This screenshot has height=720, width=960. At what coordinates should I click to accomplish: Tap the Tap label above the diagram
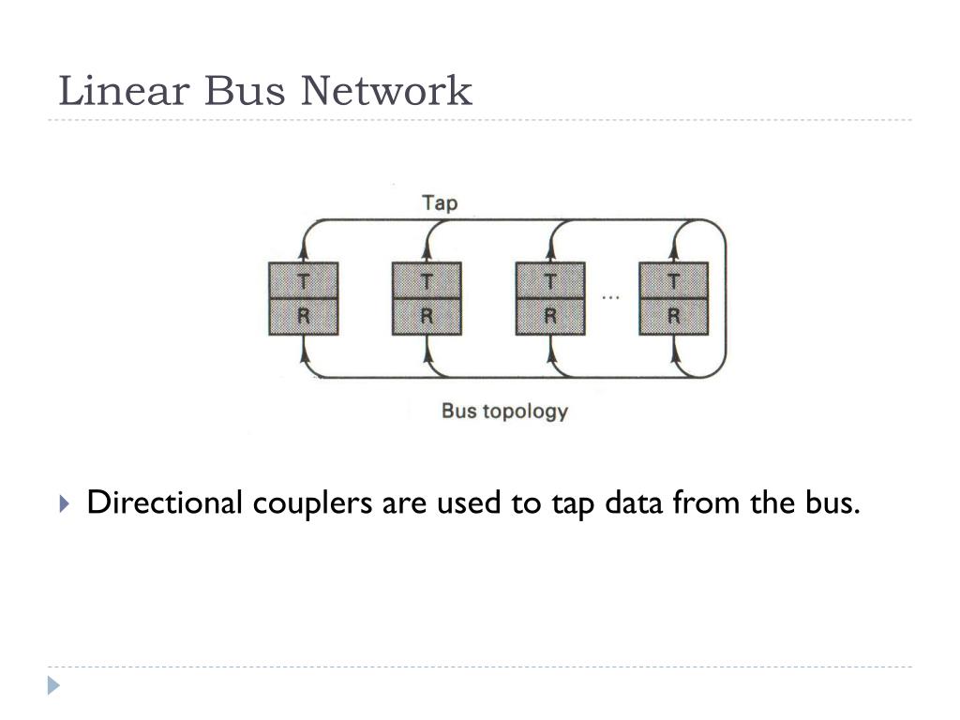(440, 202)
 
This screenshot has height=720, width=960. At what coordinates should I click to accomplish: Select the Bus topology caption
(504, 410)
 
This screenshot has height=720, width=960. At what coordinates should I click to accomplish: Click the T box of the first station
(303, 280)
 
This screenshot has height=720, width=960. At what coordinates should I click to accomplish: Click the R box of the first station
(303, 317)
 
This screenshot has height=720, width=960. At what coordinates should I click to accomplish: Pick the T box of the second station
(427, 280)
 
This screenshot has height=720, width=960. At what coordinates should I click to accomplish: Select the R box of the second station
(427, 317)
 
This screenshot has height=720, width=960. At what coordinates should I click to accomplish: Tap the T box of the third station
(550, 280)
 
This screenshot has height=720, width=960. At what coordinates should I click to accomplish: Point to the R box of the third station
(550, 317)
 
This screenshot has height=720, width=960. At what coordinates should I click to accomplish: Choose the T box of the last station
(673, 280)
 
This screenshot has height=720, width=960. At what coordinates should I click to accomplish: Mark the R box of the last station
(673, 317)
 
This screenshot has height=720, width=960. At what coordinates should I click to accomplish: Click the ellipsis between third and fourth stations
(610, 298)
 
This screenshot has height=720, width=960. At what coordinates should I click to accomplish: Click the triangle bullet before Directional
(64, 504)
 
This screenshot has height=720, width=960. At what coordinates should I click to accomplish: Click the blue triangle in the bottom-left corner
(54, 686)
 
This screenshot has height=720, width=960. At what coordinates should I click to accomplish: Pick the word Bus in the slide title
(247, 91)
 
